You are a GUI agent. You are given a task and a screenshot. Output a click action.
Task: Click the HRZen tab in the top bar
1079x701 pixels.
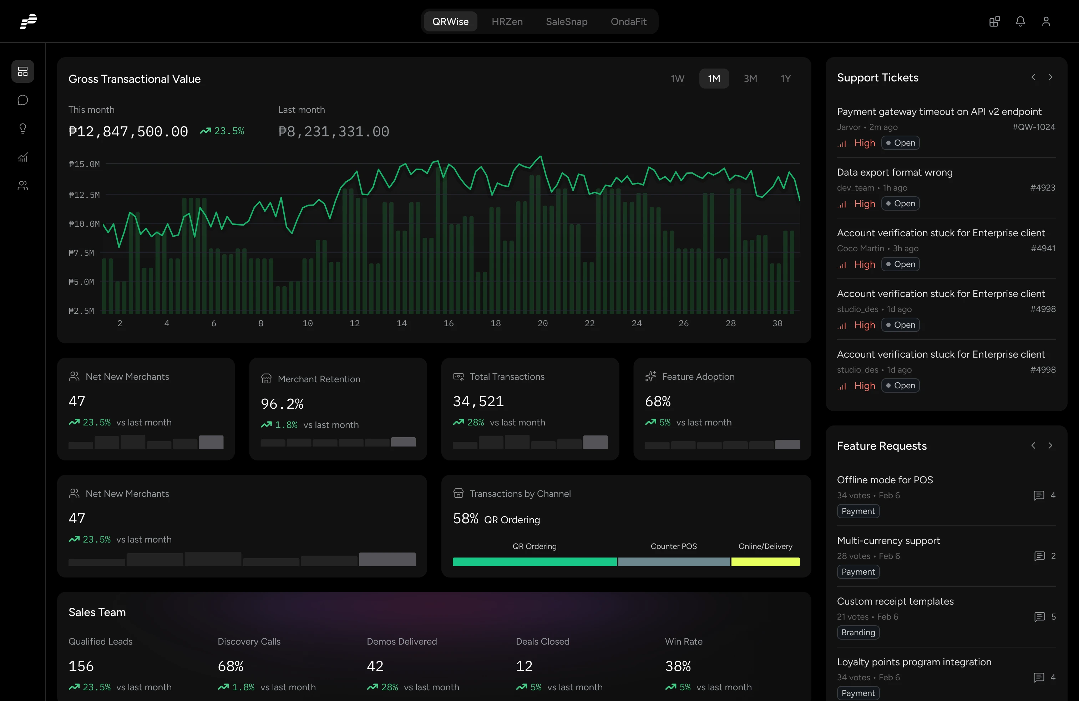click(x=507, y=21)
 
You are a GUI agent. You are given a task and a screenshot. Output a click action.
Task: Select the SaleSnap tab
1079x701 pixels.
click(x=566, y=21)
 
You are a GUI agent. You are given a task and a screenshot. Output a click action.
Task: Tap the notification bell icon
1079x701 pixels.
click(x=1020, y=21)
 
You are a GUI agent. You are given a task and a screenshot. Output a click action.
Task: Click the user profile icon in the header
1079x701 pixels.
click(x=1046, y=21)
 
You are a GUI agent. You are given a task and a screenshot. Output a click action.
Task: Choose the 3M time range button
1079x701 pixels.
click(x=750, y=79)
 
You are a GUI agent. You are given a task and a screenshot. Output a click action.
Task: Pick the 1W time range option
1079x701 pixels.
click(x=677, y=79)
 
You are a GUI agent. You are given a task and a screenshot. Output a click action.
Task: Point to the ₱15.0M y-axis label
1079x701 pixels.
click(x=84, y=164)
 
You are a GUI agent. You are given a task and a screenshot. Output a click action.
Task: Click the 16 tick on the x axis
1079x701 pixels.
click(x=449, y=323)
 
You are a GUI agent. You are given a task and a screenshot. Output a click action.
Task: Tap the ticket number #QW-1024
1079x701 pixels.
click(x=1033, y=127)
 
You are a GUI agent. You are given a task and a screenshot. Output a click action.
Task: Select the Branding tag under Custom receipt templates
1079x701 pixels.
click(x=858, y=632)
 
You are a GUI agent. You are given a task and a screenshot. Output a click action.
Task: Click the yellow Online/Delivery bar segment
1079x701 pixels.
click(x=765, y=562)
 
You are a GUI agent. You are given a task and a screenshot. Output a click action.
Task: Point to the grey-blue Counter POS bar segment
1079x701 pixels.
click(x=674, y=562)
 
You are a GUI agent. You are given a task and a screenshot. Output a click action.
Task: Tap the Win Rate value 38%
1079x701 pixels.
click(x=678, y=666)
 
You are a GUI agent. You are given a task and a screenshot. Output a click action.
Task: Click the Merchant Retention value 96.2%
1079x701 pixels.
click(x=282, y=404)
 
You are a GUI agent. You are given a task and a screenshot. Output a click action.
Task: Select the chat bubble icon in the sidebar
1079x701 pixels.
click(x=23, y=100)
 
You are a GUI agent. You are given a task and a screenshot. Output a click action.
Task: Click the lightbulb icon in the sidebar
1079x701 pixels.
click(x=23, y=129)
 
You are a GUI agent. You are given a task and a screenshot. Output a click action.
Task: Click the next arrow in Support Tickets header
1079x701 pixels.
click(x=1050, y=77)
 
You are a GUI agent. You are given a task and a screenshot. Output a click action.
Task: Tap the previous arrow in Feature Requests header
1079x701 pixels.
click(x=1033, y=446)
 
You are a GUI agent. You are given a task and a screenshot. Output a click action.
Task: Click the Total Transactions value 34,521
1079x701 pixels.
click(x=478, y=401)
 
